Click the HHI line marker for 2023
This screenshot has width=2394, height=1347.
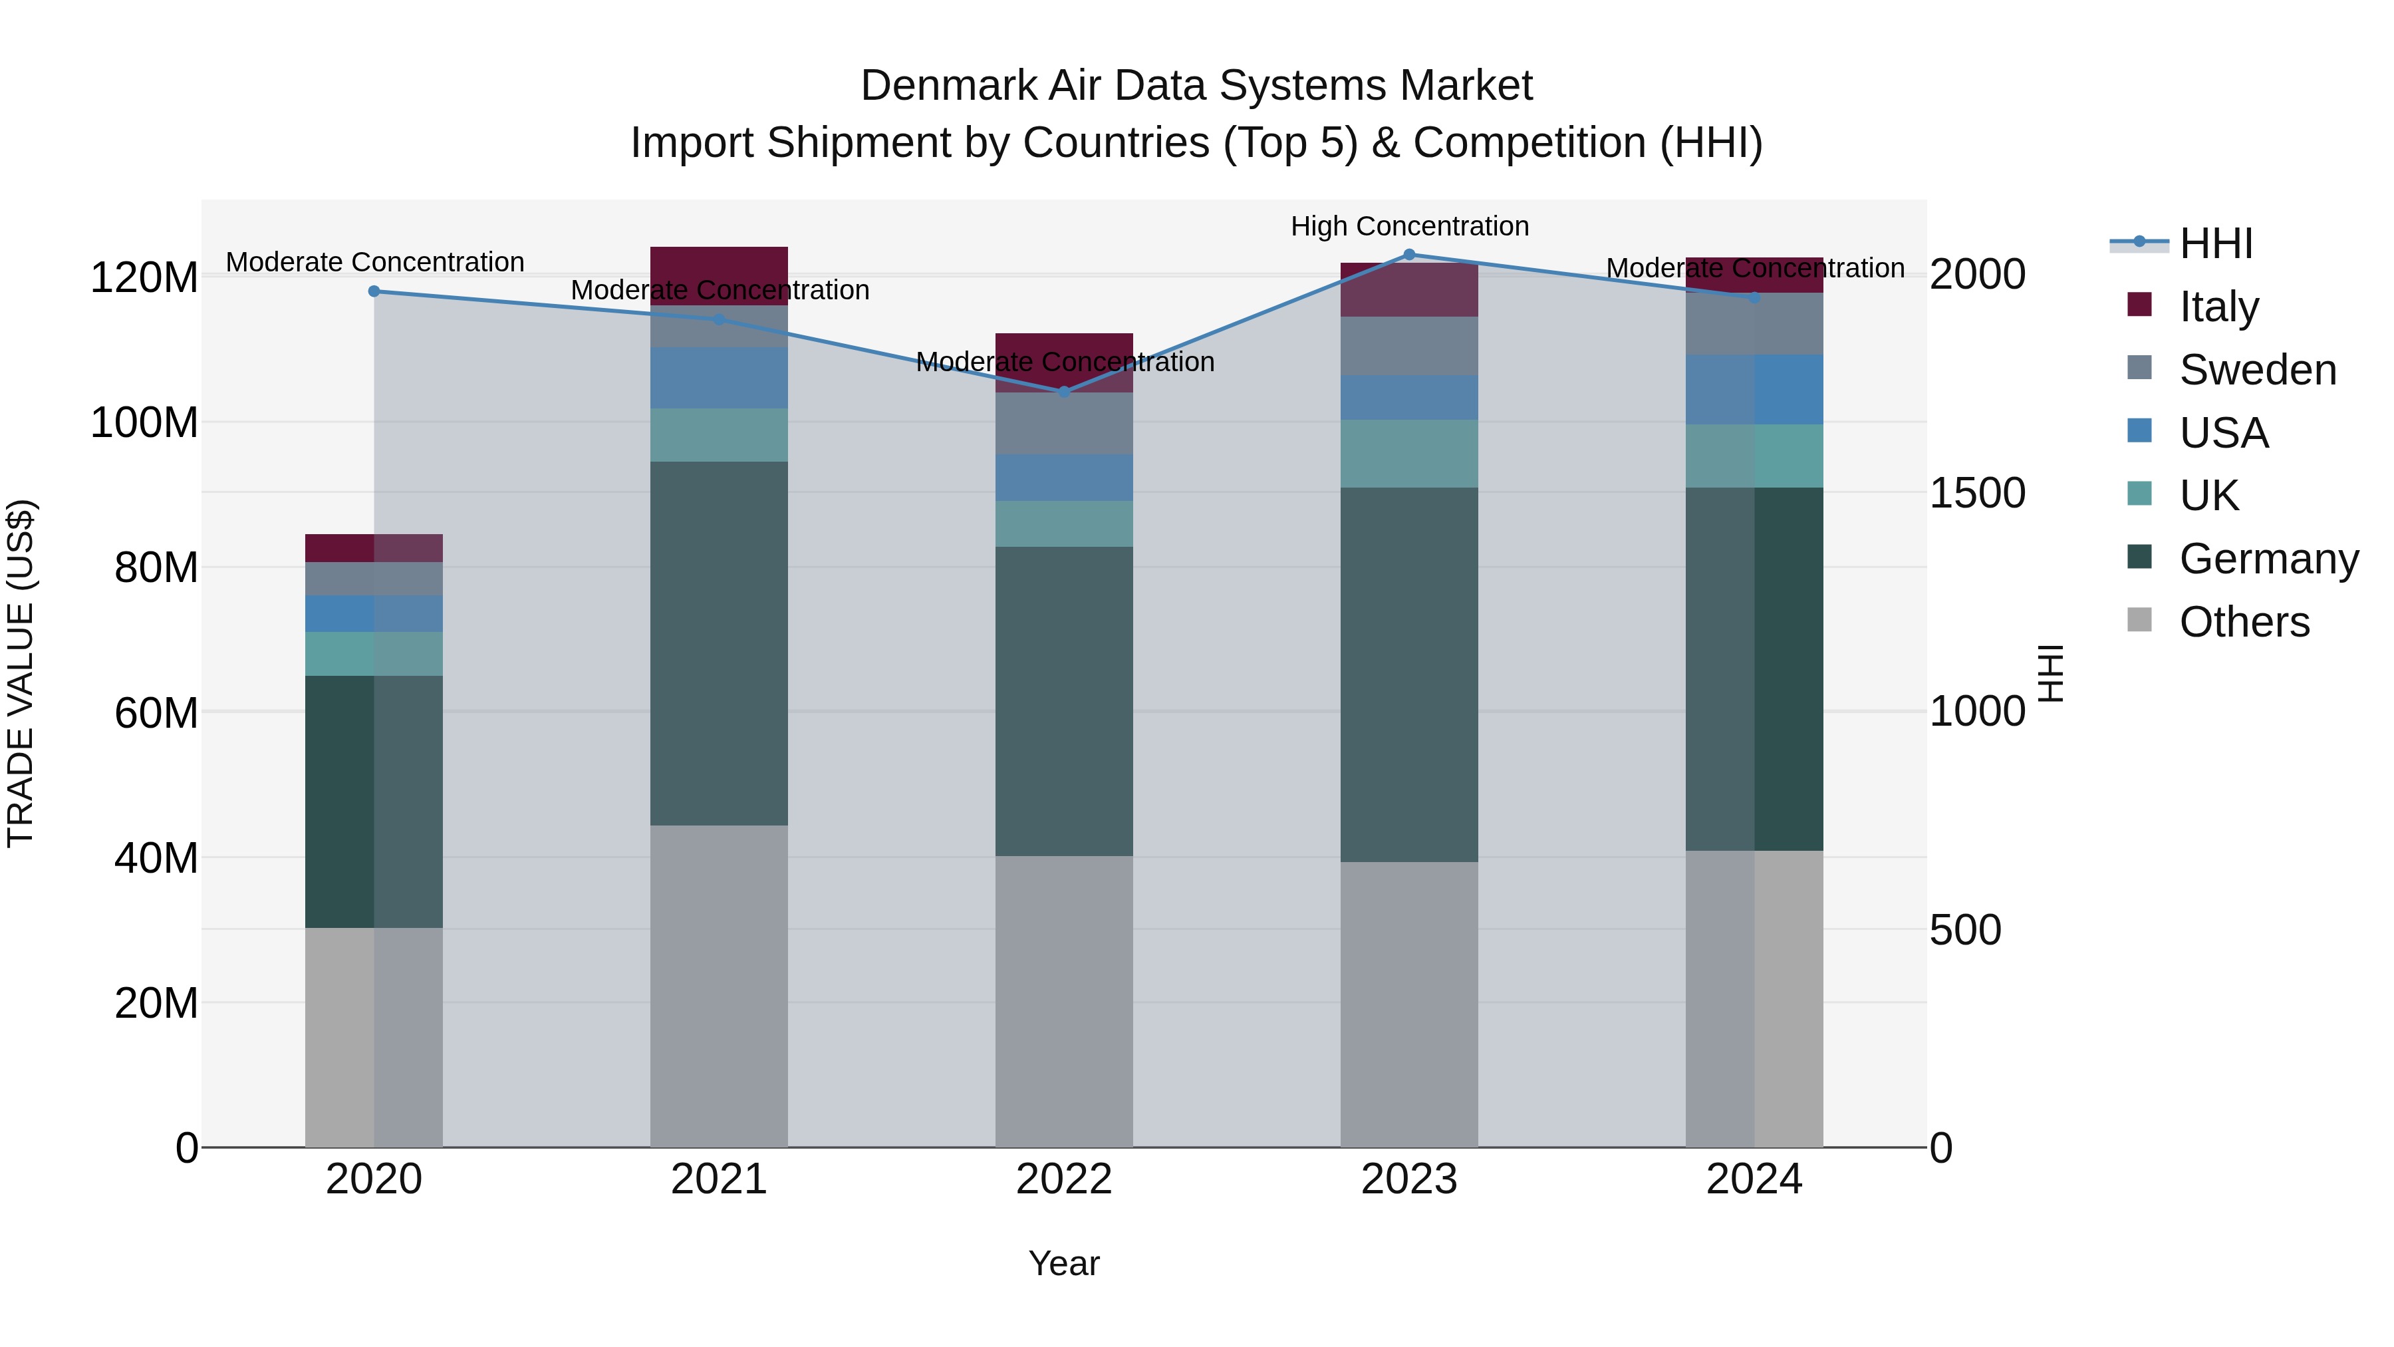pos(1409,255)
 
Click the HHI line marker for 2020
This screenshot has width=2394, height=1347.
pos(374,291)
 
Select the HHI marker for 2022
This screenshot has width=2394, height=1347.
pos(1064,391)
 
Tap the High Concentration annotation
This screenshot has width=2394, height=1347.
pos(1409,226)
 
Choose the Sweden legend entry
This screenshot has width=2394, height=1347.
pos(2256,369)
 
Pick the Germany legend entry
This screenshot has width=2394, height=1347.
pos(2268,559)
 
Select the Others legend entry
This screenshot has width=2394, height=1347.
pos(2244,621)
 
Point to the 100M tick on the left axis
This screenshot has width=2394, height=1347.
pos(144,423)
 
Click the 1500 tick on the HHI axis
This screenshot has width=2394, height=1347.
pos(1977,493)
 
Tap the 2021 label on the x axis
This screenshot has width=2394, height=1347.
pos(718,1179)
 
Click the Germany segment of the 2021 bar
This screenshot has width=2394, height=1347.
pos(718,643)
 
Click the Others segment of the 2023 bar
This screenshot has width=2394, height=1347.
pos(1409,1004)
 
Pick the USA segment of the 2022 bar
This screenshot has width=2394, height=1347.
pos(1064,478)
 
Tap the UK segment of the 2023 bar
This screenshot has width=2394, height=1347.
pos(1409,454)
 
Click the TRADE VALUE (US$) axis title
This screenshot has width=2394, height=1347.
pos(21,673)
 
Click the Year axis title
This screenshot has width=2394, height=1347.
pos(1064,1263)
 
